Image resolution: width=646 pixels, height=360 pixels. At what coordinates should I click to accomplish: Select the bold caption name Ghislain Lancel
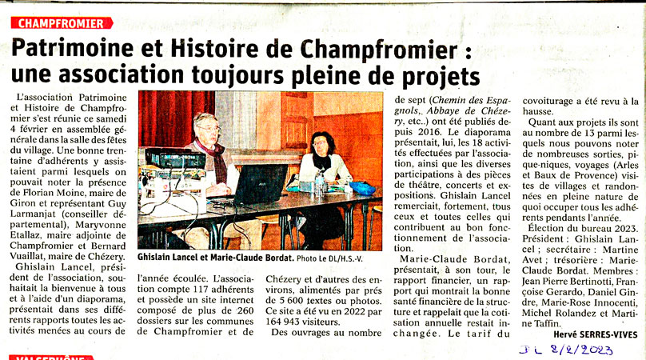[171, 261]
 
